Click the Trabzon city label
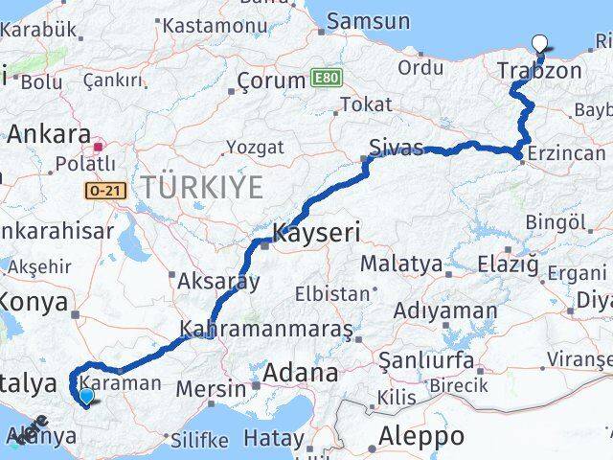pos(539,71)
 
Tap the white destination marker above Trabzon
pos(540,43)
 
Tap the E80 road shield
pos(325,76)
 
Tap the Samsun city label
pos(368,21)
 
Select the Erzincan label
pos(569,153)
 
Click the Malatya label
pos(402,264)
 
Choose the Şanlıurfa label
pos(426,360)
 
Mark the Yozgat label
pos(254,148)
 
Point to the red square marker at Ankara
pos(99,148)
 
